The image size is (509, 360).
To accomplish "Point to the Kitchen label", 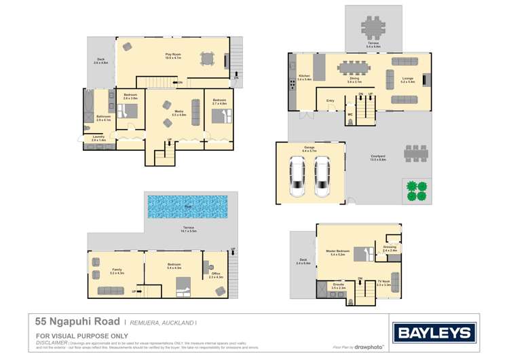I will [x=304, y=75].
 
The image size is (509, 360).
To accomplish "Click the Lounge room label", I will [x=407, y=79].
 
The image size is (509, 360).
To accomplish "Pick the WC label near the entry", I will [x=350, y=114].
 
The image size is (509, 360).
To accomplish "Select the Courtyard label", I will [x=378, y=158].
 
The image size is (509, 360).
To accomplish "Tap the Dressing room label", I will [x=390, y=248].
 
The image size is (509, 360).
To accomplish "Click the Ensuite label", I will [x=339, y=286].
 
